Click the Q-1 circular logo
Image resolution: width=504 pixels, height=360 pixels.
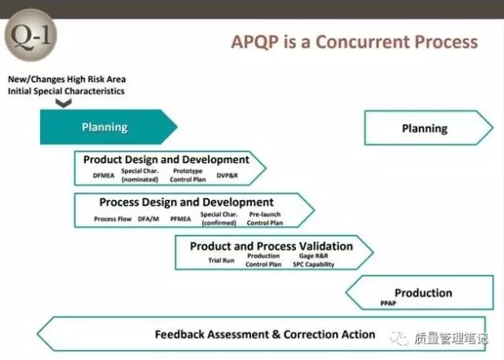(31, 35)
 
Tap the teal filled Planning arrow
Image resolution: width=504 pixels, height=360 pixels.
(109, 127)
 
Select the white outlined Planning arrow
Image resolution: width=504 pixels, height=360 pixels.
(428, 128)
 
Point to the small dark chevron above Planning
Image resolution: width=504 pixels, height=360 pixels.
(63, 103)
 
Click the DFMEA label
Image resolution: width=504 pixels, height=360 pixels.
(103, 176)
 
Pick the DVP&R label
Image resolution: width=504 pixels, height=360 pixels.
(228, 176)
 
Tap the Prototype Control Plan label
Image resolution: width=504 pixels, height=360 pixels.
(187, 175)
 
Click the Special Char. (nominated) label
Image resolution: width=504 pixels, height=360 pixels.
(140, 175)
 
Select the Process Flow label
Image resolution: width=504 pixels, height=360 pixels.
(113, 219)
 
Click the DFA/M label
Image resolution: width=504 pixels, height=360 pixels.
(149, 219)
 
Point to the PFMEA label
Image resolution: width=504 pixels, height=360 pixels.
(180, 219)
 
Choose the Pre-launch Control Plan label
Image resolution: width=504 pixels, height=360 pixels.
(265, 218)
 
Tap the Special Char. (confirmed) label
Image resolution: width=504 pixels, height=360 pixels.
(219, 218)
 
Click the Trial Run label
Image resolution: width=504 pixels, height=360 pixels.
(221, 261)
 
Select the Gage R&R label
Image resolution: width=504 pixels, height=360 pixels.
(313, 256)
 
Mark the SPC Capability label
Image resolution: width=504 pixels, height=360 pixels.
(313, 264)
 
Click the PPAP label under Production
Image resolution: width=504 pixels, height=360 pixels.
(388, 303)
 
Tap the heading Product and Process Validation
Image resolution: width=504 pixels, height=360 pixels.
(271, 247)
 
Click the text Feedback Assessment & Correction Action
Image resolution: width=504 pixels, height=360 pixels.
(265, 334)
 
